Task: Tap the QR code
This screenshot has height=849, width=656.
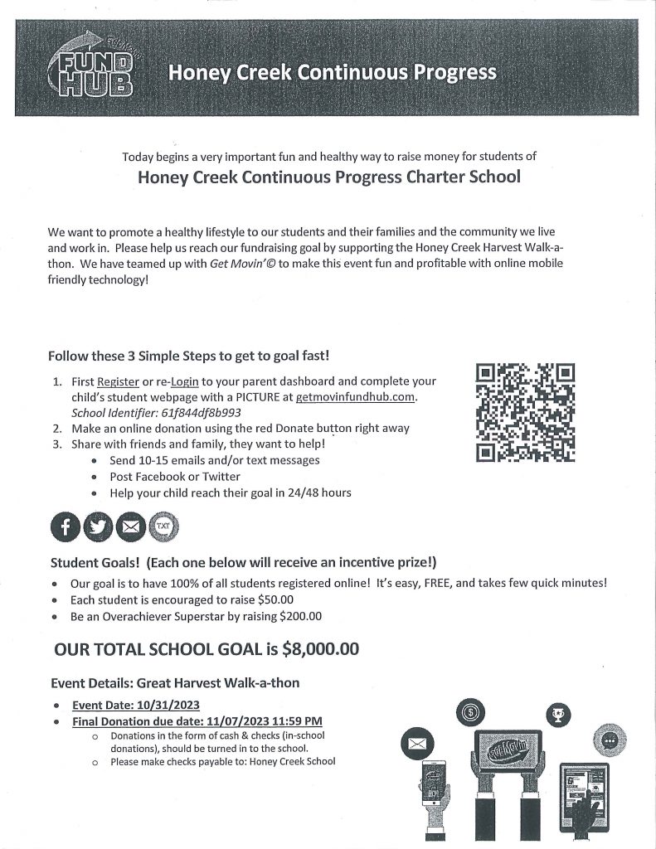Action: coord(526,413)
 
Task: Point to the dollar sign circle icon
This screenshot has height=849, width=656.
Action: coord(471,711)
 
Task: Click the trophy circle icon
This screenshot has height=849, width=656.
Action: coord(557,714)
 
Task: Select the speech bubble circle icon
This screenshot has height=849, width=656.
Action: coord(610,740)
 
